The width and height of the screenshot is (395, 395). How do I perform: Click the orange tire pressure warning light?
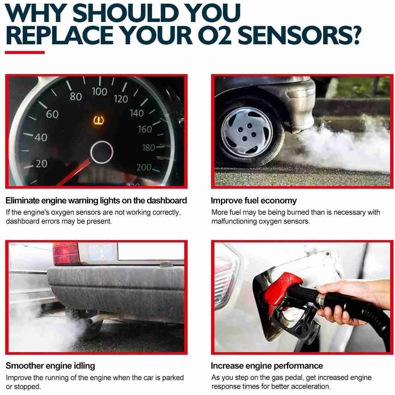(99, 120)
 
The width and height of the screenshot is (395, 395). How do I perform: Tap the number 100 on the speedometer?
(99, 92)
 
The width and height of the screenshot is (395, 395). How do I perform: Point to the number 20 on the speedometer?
(42, 164)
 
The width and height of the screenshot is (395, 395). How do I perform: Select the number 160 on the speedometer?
(145, 129)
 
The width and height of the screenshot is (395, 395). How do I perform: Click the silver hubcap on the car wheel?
(246, 132)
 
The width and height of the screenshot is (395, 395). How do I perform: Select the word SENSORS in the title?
(293, 35)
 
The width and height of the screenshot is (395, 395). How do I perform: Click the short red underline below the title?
(25, 52)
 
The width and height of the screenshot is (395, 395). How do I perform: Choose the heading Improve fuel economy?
(254, 201)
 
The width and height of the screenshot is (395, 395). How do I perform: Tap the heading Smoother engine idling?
(50, 366)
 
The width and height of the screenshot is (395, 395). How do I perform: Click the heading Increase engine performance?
(267, 366)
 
